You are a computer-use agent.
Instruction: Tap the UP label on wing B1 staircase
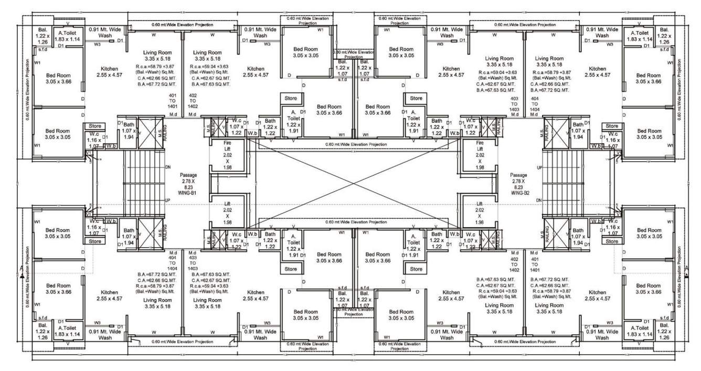(x=167, y=200)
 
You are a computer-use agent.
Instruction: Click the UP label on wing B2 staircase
(x=539, y=167)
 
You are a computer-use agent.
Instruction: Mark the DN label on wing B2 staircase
(x=539, y=201)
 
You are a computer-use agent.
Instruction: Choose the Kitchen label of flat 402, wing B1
(x=256, y=72)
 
